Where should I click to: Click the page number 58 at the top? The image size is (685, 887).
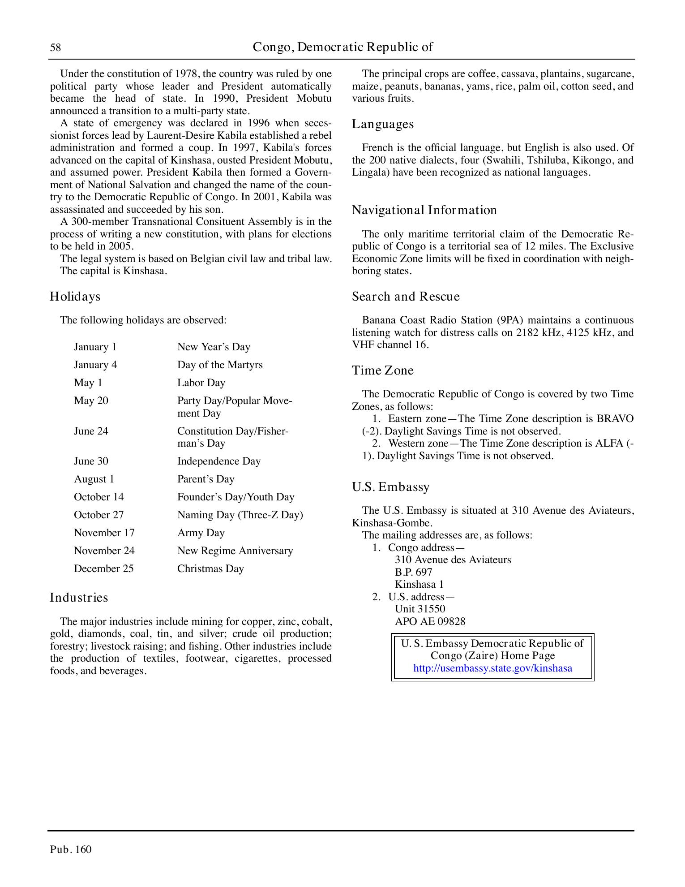56,47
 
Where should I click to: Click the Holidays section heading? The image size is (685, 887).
75,297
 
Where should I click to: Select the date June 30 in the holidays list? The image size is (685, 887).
91,461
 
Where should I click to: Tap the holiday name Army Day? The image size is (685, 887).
201,533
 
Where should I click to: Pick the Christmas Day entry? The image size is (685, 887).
210,568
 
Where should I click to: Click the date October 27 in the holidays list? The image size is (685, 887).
98,515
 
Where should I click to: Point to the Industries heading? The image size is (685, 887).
79,598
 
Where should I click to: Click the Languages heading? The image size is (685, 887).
383,124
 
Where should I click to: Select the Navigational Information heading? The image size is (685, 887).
424,210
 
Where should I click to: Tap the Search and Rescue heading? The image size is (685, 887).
406,297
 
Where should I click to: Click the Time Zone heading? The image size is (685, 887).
382,370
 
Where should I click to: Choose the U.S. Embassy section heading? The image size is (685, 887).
390,487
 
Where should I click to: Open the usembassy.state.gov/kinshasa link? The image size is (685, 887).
492,668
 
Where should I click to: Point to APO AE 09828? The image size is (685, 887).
430,621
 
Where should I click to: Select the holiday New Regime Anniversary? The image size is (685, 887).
235,551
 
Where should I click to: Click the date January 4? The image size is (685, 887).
95,365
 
